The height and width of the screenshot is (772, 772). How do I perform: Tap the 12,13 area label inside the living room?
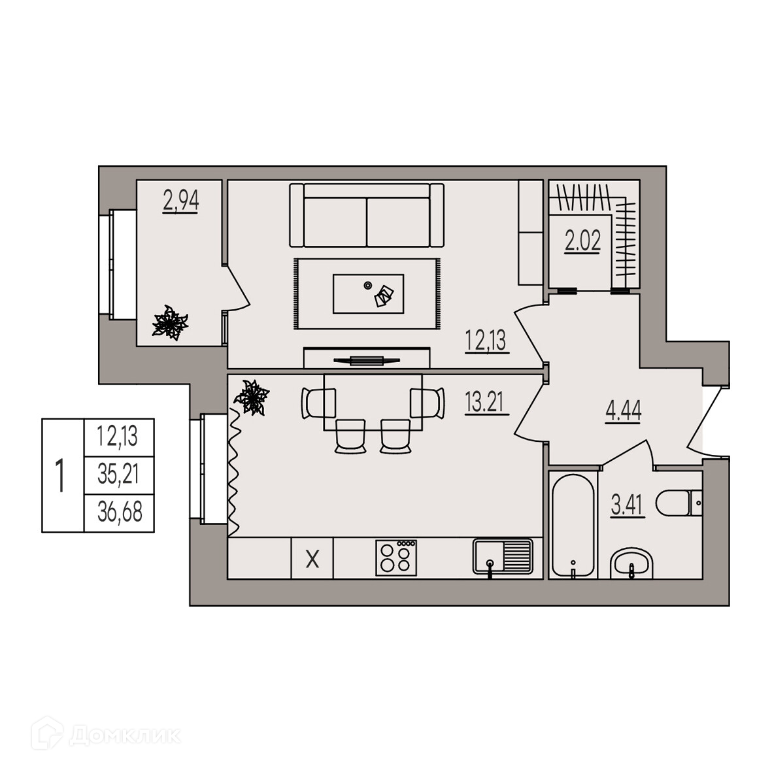pos(486,340)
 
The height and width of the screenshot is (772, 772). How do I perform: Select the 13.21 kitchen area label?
pos(484,403)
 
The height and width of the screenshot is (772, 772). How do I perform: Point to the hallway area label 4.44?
pos(624,411)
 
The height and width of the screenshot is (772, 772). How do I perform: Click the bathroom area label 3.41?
pos(628,506)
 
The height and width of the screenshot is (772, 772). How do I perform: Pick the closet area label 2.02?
pos(582,241)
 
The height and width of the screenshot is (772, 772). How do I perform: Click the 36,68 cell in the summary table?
pos(120,512)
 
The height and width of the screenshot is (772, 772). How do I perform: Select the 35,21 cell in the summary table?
pos(119,475)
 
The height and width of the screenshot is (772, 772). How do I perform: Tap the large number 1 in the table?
pos(61,476)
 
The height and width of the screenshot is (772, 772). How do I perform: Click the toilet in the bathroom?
pos(679,503)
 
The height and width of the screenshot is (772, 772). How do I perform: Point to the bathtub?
pos(572,525)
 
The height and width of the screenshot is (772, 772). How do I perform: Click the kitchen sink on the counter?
pos(503,557)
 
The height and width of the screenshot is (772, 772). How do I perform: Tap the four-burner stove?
pos(396,558)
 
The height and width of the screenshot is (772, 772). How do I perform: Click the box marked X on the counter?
pos(312,558)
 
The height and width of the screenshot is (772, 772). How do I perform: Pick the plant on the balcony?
pos(170,323)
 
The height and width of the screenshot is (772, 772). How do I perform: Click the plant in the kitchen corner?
pos(252,397)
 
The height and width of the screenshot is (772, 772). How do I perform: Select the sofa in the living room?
pos(367,215)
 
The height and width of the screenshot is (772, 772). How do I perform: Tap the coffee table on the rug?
pos(368,294)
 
